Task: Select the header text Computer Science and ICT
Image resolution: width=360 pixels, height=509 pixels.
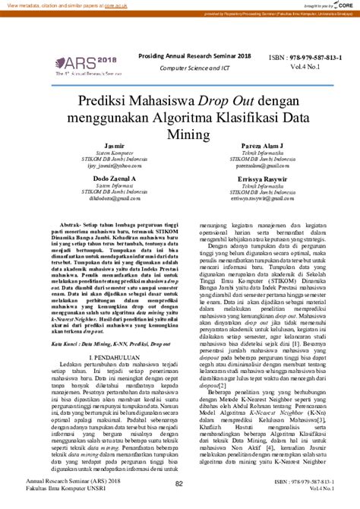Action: pos(194,68)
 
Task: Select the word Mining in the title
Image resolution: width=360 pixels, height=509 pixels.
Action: pos(180,134)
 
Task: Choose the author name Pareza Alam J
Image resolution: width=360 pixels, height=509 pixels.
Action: pos(263,145)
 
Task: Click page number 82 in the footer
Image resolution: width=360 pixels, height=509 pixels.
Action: pos(180,484)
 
